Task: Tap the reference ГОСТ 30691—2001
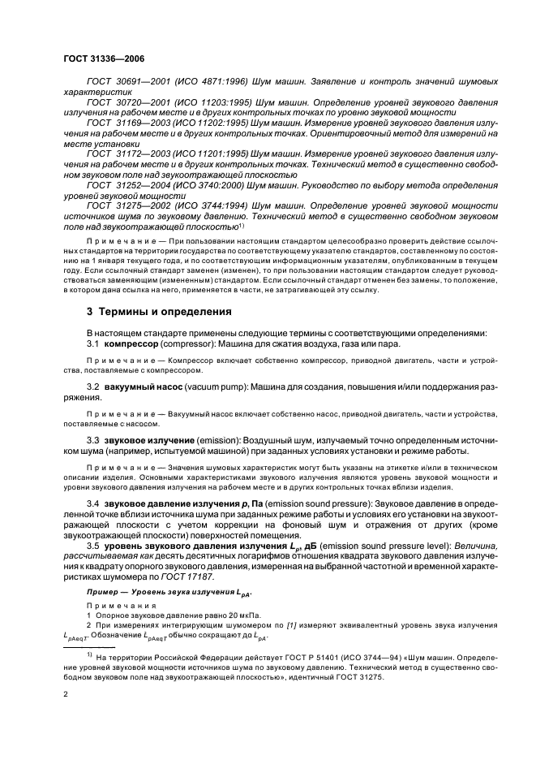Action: [x=126, y=83]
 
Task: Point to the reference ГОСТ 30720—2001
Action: [x=126, y=104]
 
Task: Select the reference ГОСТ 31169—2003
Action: [x=126, y=122]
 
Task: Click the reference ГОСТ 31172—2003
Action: [x=126, y=153]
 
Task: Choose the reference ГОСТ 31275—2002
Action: [x=126, y=206]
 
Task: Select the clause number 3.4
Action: [x=95, y=505]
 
